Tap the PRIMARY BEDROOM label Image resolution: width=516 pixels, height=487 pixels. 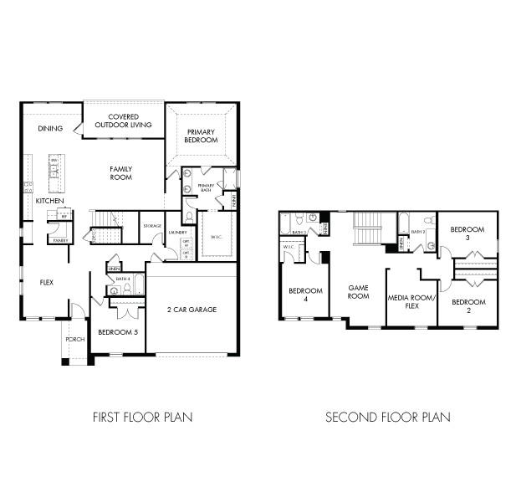[202, 136]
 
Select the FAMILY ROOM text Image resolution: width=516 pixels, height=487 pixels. [121, 172]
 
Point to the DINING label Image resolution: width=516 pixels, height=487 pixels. [50, 129]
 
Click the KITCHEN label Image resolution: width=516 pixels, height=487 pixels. [49, 202]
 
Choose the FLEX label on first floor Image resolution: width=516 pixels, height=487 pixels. [47, 282]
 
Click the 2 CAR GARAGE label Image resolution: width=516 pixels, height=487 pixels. [191, 310]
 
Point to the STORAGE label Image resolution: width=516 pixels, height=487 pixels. [152, 226]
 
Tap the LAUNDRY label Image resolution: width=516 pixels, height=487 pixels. [176, 232]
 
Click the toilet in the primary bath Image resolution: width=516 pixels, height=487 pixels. [189, 217]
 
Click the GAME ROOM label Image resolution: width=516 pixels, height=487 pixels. [359, 291]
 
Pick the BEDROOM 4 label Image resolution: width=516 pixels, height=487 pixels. [299, 295]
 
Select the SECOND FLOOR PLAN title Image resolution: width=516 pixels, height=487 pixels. [387, 417]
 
